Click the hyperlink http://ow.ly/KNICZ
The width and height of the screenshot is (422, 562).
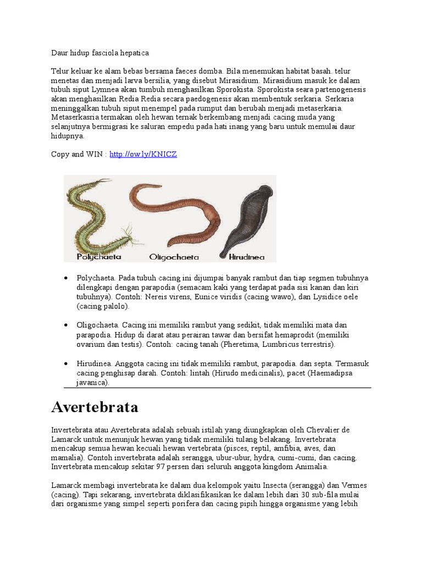[x=143, y=155]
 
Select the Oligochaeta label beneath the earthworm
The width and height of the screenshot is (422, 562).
[x=174, y=256]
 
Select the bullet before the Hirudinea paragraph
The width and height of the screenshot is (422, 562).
[x=66, y=364]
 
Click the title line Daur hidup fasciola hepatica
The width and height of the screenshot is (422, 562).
[x=100, y=53]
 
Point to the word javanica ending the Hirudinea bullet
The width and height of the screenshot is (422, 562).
[x=93, y=383]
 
